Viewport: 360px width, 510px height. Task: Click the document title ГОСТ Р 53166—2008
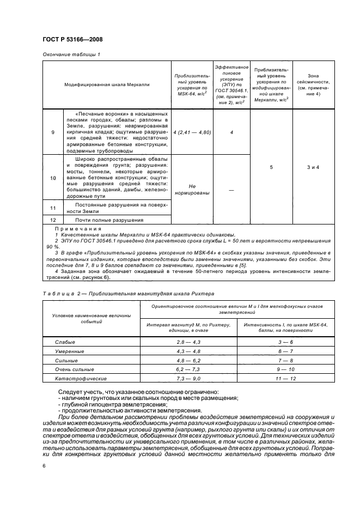[x=73, y=39]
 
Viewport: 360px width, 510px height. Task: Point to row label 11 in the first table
[x=53, y=207]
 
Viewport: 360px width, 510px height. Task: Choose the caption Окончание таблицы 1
[x=71, y=54]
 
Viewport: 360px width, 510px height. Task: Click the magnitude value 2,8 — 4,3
[x=188, y=341]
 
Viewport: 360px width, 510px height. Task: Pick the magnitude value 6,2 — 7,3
[x=188, y=369]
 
